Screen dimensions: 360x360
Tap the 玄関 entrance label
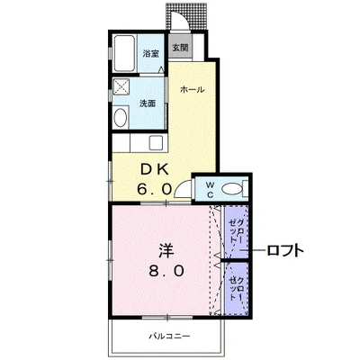(180, 48)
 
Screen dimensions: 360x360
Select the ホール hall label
(192, 90)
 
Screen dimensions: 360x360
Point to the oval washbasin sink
(121, 118)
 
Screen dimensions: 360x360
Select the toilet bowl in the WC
(232, 187)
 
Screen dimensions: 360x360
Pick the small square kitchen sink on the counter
(150, 142)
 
